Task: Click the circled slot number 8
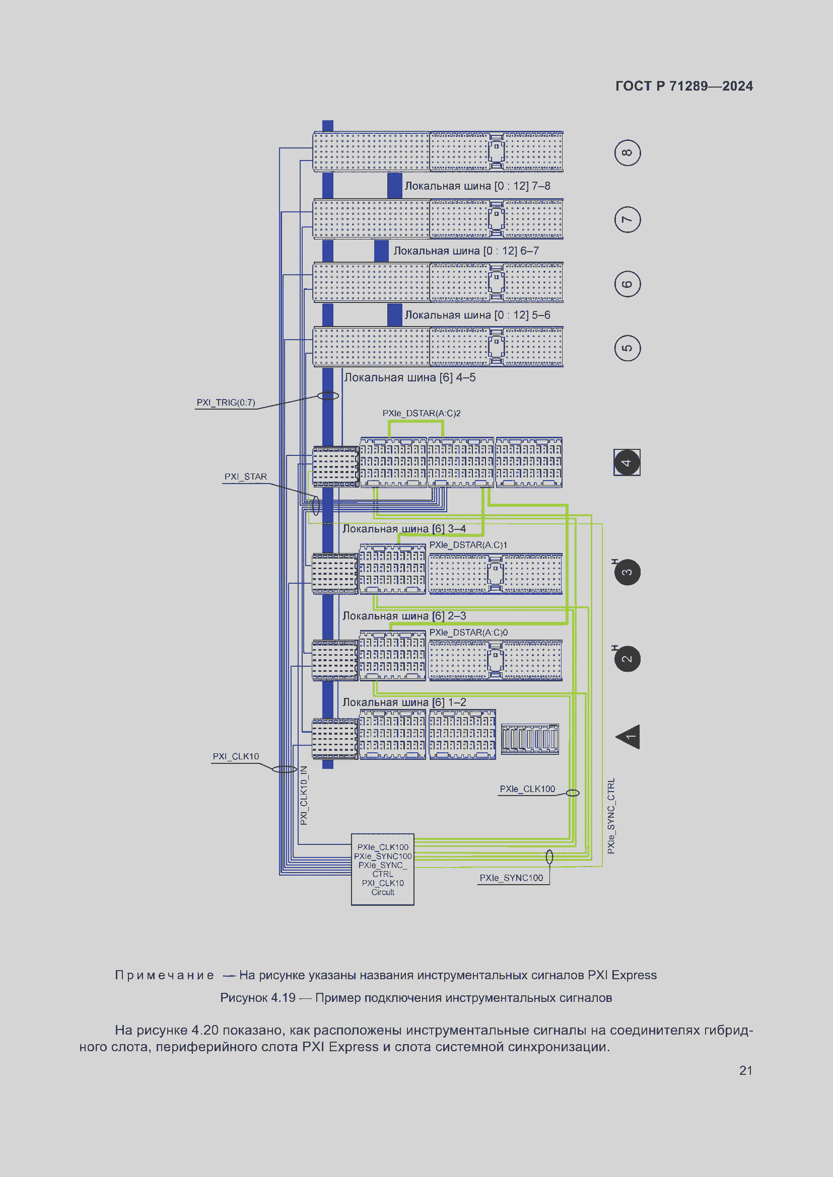tap(627, 153)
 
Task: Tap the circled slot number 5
tap(627, 348)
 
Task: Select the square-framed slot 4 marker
tap(627, 462)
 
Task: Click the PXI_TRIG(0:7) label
tap(226, 403)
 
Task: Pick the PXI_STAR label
tap(246, 477)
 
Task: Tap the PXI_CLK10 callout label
tap(236, 757)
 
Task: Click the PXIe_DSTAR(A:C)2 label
tap(421, 413)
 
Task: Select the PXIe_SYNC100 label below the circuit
tap(511, 878)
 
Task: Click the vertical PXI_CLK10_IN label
tap(304, 796)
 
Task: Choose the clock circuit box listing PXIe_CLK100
tap(383, 870)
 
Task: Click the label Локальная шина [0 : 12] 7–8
tap(477, 186)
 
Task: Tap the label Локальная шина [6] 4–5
tap(410, 378)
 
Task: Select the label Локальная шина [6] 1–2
tap(404, 702)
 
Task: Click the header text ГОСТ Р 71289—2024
tap(684, 86)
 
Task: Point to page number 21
tap(746, 1070)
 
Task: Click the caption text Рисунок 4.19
tap(258, 997)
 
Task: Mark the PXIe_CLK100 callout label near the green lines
tap(527, 789)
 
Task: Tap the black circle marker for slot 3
tap(627, 572)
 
